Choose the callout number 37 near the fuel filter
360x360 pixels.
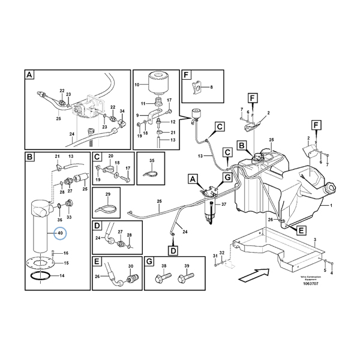point(226,204)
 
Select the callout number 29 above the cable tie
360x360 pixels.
point(108,195)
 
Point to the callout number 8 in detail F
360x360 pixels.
point(211,87)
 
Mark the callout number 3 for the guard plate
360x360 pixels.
point(314,239)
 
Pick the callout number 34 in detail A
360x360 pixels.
point(122,111)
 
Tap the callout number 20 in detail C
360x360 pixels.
point(110,156)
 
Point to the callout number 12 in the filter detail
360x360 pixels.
point(172,121)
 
